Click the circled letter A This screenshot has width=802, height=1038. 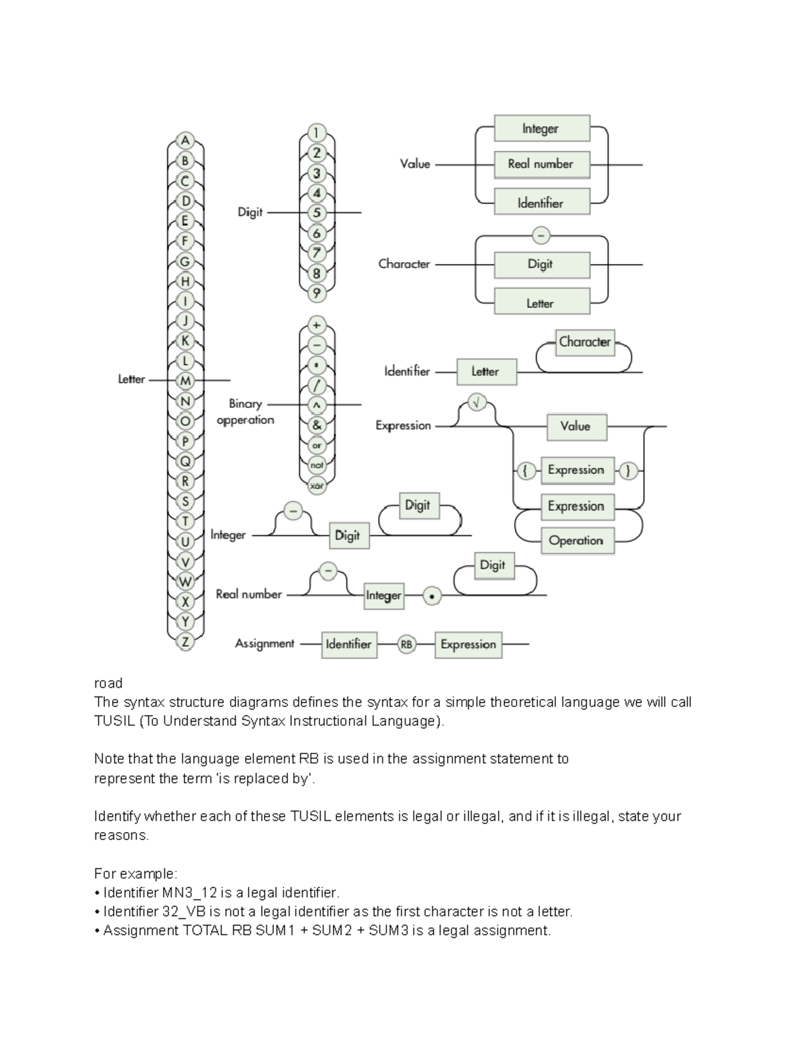pos(185,140)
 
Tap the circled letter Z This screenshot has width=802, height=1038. pos(185,642)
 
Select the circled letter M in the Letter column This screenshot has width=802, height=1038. pos(185,380)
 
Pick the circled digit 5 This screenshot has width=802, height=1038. pos(317,213)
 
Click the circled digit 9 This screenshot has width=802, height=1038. pos(317,293)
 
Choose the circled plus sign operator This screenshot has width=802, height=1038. pos(317,326)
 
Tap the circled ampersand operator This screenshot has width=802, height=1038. pos(317,424)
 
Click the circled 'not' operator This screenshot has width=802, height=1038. pos(317,465)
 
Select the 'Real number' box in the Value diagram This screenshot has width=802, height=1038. pos(541,164)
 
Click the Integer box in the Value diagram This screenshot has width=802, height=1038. pos(541,128)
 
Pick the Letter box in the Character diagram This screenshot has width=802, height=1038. pos(541,303)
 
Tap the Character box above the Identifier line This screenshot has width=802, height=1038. pos(585,342)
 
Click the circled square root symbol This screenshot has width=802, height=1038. pos(477,403)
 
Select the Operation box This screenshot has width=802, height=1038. pos(576,540)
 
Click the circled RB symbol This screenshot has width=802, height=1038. pos(406,644)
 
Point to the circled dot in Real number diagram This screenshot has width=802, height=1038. pos(432,596)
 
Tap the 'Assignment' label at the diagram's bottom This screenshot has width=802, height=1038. pos(265,644)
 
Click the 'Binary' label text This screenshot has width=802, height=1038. pos(245,404)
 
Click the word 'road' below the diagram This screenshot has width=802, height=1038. pos(108,683)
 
